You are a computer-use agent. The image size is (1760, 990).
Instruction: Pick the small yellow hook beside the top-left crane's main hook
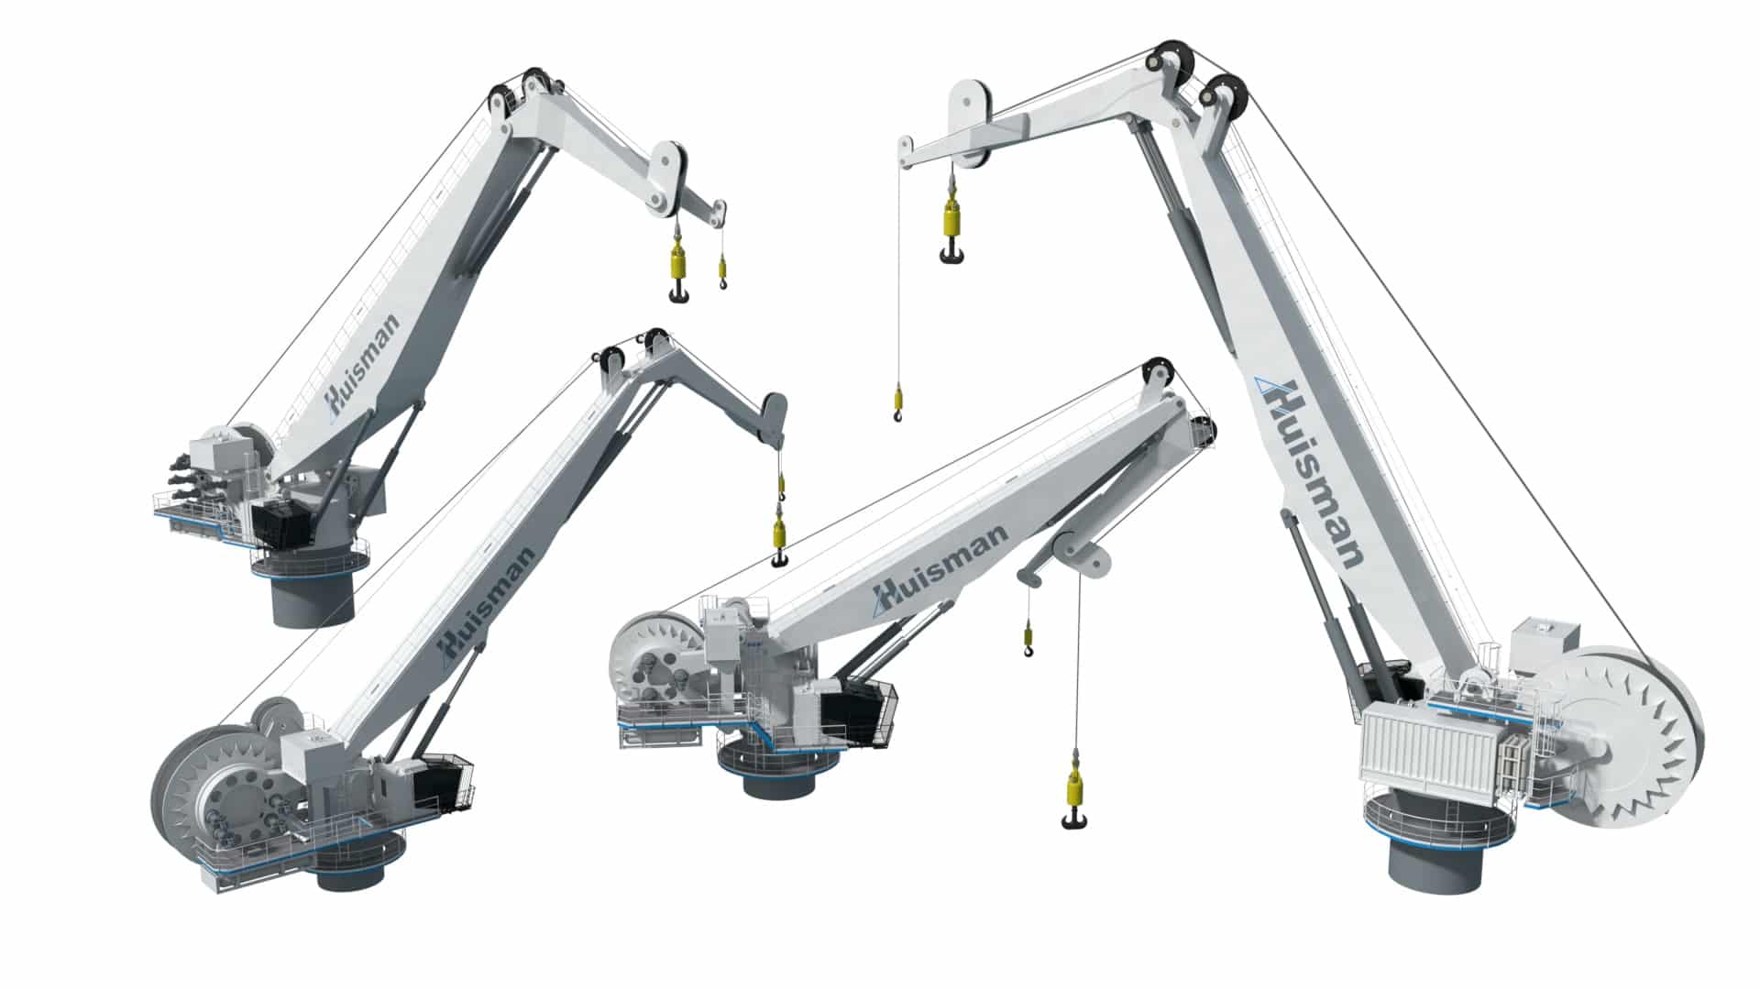coord(722,271)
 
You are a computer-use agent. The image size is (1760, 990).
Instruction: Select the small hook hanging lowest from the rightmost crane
coord(897,403)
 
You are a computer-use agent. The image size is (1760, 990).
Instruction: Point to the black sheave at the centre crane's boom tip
coord(1156,372)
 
